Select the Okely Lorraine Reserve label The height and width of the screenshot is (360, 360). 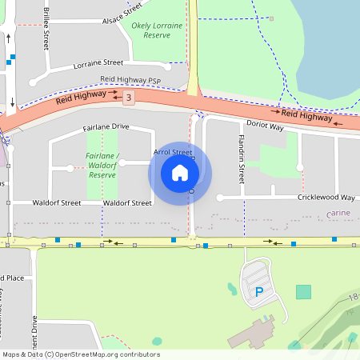157,30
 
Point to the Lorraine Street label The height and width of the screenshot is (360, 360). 101,62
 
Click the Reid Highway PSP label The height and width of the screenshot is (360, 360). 130,80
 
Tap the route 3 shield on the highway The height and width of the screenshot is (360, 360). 128,97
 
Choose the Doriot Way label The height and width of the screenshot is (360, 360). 265,126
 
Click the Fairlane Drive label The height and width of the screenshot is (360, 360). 106,126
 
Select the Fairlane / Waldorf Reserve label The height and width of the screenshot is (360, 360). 102,165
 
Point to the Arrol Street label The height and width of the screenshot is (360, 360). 173,152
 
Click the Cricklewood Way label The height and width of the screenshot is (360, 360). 326,197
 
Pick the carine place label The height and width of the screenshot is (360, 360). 340,214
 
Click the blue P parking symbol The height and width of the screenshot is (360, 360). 258,293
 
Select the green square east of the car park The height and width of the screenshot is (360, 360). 303,292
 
